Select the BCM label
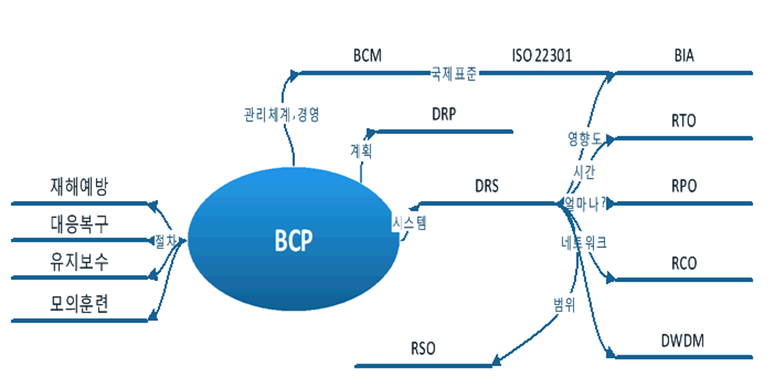368,56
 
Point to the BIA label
684,56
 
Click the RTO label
683,121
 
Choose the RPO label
683,185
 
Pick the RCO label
683,263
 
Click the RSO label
422,348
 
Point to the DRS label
487,185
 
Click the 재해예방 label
79,186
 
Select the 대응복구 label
79,224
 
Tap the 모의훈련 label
79,304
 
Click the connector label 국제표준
453,74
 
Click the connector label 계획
361,150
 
